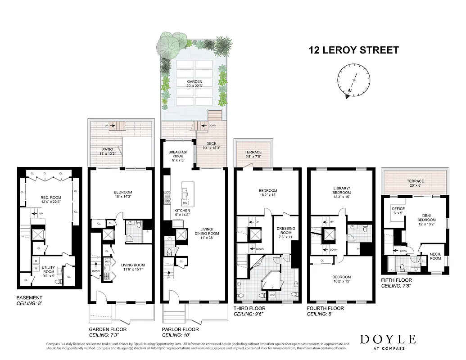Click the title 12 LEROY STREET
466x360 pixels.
tap(353, 50)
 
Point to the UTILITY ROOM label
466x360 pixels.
tap(48, 270)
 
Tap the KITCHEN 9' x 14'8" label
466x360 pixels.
tap(182, 213)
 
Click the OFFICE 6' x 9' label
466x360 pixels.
tap(398, 211)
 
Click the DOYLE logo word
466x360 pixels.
tap(388, 339)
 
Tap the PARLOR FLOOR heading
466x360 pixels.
tap(181, 329)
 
